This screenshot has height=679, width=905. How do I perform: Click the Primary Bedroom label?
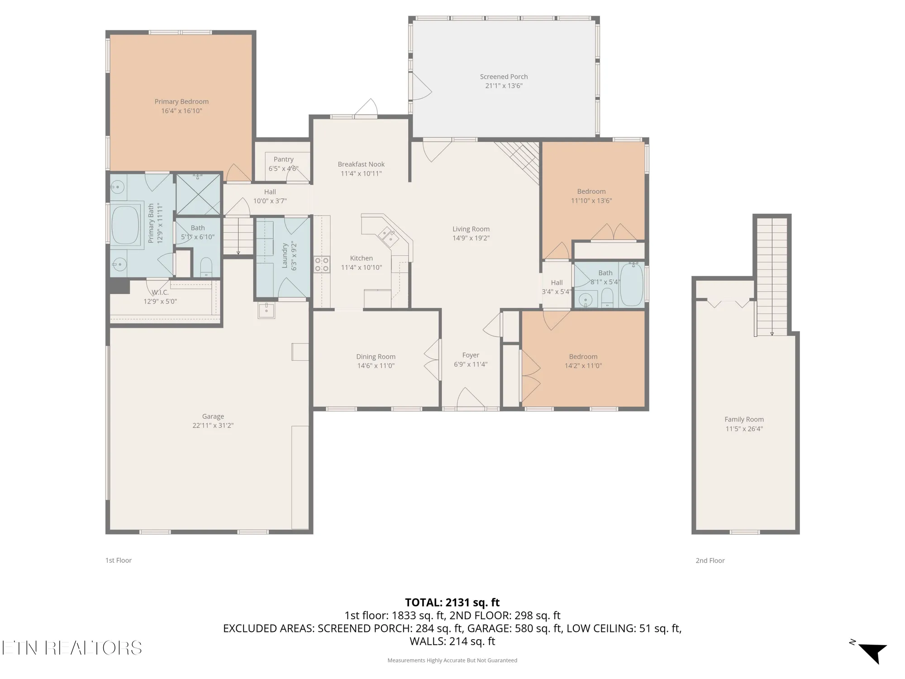[181, 101]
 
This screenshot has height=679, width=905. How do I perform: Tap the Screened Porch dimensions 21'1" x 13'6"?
[504, 86]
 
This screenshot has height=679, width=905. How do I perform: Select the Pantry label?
[283, 159]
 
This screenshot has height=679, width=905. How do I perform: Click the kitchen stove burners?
[322, 264]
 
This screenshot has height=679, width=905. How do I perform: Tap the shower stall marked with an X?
[198, 194]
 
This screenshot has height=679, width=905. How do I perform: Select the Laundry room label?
[285, 256]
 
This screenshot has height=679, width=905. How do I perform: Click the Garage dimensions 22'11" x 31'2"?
[213, 426]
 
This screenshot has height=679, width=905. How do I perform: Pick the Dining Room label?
[376, 357]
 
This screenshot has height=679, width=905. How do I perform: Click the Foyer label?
[471, 355]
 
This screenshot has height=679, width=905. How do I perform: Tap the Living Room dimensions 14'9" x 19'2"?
[471, 238]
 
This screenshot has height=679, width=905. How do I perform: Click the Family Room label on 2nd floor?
[744, 420]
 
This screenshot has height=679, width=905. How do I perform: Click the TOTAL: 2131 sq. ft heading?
[452, 602]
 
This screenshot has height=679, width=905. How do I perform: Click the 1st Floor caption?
[119, 560]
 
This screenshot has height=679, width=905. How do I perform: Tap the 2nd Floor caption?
[710, 560]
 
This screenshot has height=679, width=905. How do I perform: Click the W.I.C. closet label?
[160, 292]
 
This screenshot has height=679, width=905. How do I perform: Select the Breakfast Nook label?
[361, 164]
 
